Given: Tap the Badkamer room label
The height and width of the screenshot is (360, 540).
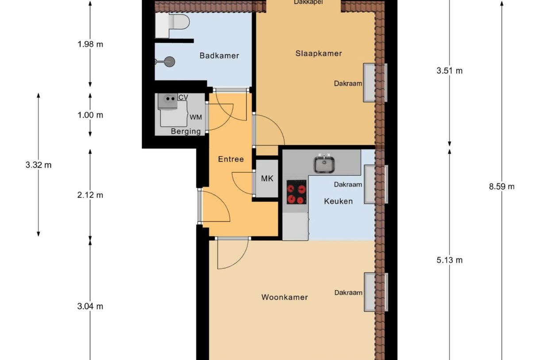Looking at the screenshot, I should click(219, 56).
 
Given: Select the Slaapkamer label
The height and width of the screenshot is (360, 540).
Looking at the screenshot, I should click(319, 54).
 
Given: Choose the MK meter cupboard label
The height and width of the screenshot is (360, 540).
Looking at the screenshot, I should click(267, 179).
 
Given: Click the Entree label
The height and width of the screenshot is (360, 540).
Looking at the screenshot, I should click(231, 159).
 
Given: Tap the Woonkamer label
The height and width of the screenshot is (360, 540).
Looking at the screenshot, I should click(284, 297).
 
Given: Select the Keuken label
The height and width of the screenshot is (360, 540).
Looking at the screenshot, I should click(338, 201).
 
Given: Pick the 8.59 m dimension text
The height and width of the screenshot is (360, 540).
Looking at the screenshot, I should click(501, 186).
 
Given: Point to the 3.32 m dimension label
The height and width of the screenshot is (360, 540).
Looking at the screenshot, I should click(39, 165).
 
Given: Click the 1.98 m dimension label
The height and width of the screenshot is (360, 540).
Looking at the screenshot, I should click(90, 44).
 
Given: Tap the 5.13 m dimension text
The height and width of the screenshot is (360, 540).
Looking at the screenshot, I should click(449, 260).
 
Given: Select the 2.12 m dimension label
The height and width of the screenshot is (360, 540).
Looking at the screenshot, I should click(90, 195).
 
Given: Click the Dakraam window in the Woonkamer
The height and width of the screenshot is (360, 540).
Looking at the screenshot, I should click(375, 292).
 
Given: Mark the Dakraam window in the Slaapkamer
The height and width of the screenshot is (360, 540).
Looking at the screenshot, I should click(375, 83).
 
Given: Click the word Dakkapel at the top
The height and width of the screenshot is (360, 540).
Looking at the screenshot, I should click(308, 2).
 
